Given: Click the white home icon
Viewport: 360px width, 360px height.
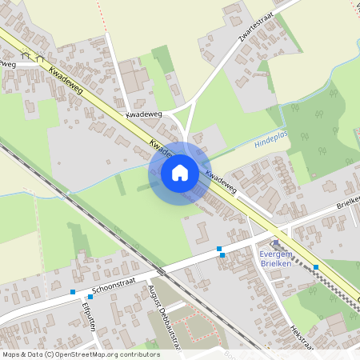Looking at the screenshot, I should coord(179,172).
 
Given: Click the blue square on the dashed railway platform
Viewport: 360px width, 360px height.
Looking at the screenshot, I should coord(316,267).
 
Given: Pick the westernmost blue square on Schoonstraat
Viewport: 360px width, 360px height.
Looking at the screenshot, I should coord(73,292).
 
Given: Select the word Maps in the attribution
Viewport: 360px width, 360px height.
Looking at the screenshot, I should coord(12,354).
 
